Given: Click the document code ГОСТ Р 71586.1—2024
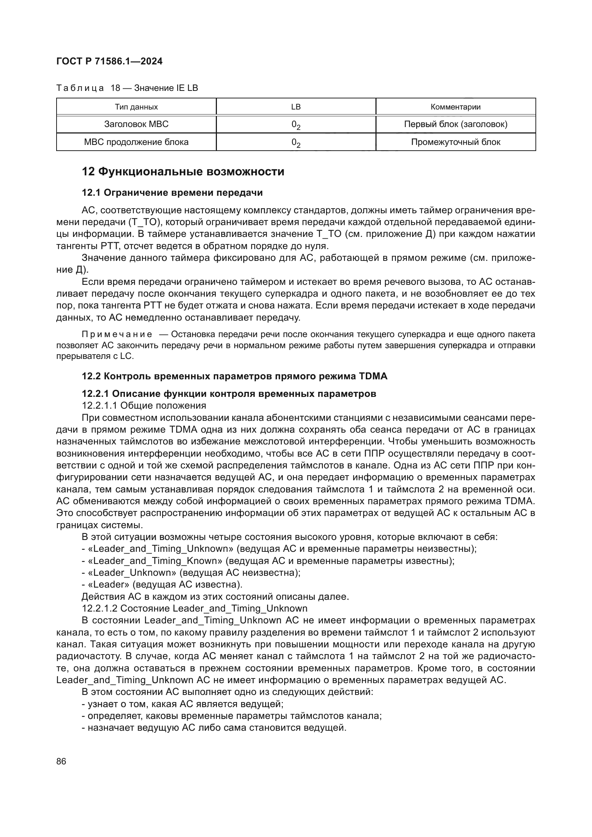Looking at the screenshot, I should pyautogui.click(x=110, y=61).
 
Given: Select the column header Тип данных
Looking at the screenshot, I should pyautogui.click(x=136, y=107).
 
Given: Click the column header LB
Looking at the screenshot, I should pyautogui.click(x=296, y=107).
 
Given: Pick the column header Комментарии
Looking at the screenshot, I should pyautogui.click(x=455, y=107).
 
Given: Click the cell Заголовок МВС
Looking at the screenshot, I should pyautogui.click(x=136, y=124).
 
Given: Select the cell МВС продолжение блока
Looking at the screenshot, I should pyautogui.click(x=136, y=142).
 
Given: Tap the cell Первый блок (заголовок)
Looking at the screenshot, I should pyautogui.click(x=455, y=124).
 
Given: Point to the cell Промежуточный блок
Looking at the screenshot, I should pyautogui.click(x=455, y=142).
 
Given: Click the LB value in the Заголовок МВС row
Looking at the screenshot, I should pyautogui.click(x=296, y=125).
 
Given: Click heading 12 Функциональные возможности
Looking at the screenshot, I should pyautogui.click(x=183, y=171).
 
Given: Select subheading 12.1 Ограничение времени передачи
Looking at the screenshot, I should pyautogui.click(x=172, y=193).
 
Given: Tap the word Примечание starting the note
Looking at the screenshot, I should pyautogui.click(x=117, y=334).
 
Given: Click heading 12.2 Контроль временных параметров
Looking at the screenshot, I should pyautogui.click(x=234, y=376).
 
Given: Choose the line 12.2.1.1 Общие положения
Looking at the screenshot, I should pyautogui.click(x=144, y=405).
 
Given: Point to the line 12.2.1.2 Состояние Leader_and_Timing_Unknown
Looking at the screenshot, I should pyautogui.click(x=195, y=608).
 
